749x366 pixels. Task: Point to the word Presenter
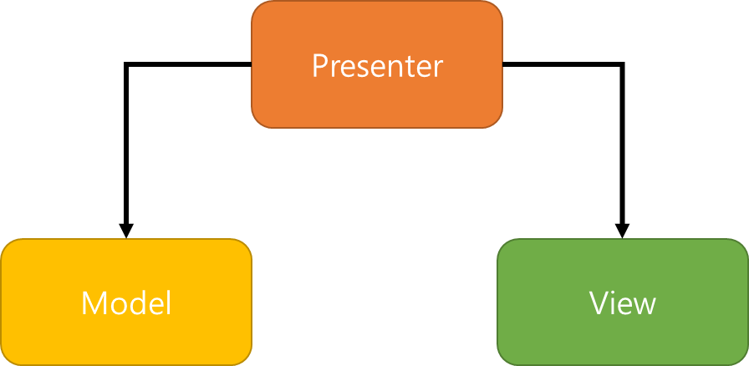[x=377, y=66]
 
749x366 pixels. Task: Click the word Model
[x=126, y=302]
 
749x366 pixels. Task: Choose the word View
[x=623, y=302]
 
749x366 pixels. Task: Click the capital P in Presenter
[x=320, y=66]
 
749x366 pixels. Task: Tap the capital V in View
[x=599, y=302]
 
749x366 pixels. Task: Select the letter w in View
[x=644, y=305]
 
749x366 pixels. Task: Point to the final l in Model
[x=168, y=302]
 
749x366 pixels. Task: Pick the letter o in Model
[x=117, y=305]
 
